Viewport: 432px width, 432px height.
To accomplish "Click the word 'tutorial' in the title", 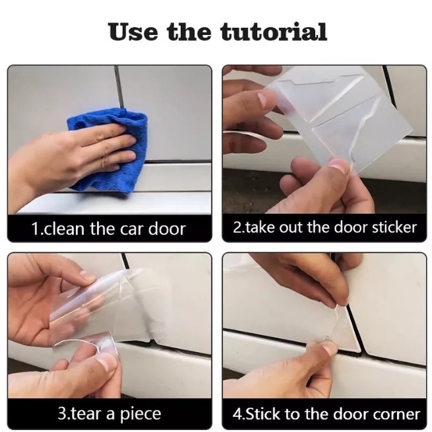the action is pyautogui.click(x=273, y=32).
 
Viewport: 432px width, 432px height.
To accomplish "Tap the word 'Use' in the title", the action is pyautogui.click(x=133, y=32).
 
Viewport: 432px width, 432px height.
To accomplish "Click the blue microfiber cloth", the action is pyautogui.click(x=109, y=149).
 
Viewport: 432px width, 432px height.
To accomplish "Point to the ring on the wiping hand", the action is pyautogui.click(x=103, y=161).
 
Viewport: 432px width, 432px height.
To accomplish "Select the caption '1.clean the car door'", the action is pyautogui.click(x=108, y=229).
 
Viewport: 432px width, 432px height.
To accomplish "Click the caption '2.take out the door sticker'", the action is pyautogui.click(x=324, y=228).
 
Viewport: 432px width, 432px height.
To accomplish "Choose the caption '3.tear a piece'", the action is pyautogui.click(x=110, y=414).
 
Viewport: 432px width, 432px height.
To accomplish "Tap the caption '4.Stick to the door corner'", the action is pyautogui.click(x=326, y=414).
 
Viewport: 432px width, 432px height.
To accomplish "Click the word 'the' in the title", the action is pyautogui.click(x=189, y=32).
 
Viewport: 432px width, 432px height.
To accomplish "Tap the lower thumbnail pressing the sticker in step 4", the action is pyautogui.click(x=329, y=349).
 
